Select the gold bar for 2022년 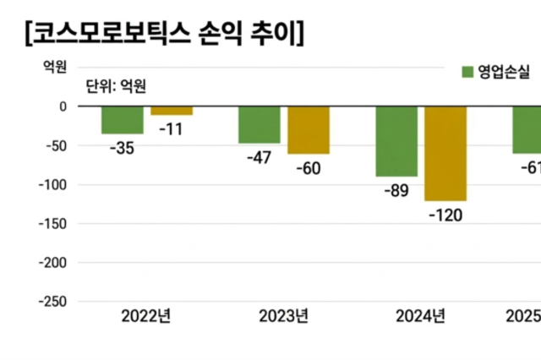coord(172,111)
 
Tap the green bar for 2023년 coord(259,125)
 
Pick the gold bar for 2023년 coord(309,130)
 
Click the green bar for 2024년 coord(396,141)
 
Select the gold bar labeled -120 coord(445,153)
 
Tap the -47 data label coord(258,158)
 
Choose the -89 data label coord(395,191)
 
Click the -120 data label coord(446,215)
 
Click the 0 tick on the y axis coord(62,106)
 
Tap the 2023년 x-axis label coord(283,318)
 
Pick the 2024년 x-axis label coord(420,318)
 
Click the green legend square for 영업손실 coord(467,71)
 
